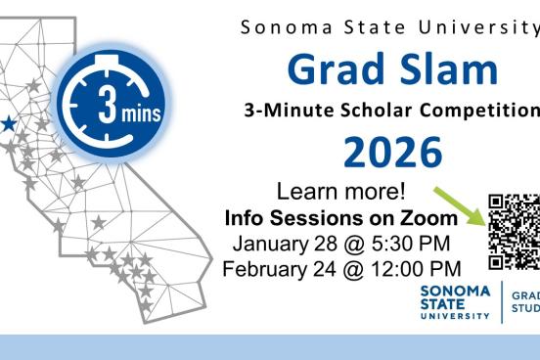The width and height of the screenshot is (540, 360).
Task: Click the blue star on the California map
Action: click(7, 123)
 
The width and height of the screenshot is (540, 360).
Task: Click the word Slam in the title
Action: click(447, 68)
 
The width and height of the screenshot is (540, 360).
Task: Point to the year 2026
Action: click(392, 152)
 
